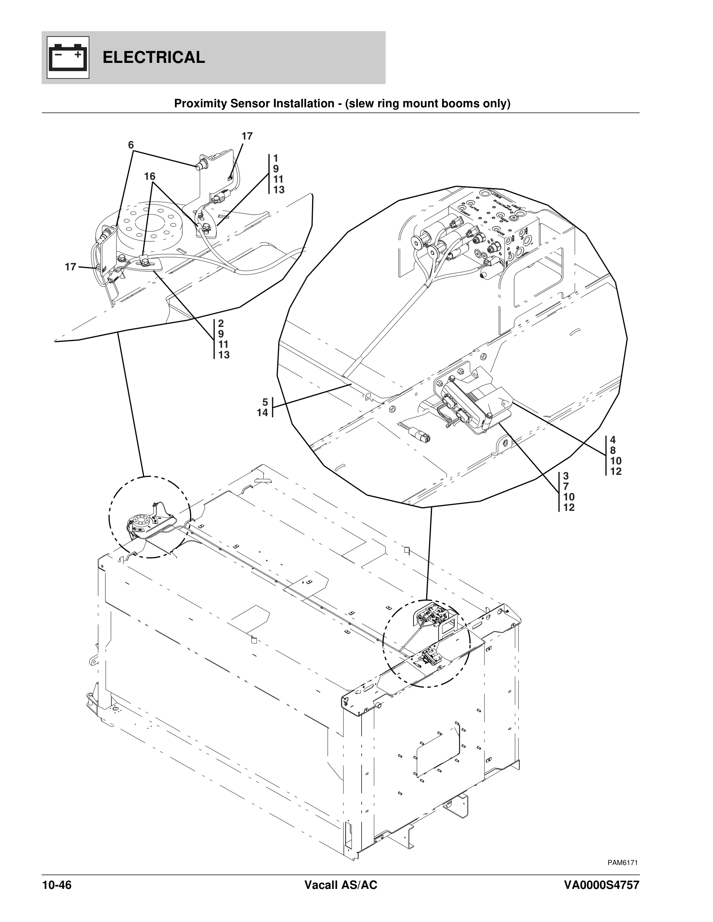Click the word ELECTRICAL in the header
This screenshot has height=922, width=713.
coord(154,57)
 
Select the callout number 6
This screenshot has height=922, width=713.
coord(131,145)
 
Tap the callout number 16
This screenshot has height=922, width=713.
coord(150,176)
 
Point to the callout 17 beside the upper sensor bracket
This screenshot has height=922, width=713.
coord(247,136)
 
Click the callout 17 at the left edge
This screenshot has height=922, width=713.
coord(70,267)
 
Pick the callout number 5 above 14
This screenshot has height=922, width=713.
coord(265,402)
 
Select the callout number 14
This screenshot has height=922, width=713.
coord(262,413)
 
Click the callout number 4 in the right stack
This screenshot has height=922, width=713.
coord(613,440)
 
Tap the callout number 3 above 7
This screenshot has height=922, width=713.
coord(566,476)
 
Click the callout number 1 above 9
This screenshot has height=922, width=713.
coord(276,158)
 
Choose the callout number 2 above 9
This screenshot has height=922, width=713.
coord(221,324)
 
